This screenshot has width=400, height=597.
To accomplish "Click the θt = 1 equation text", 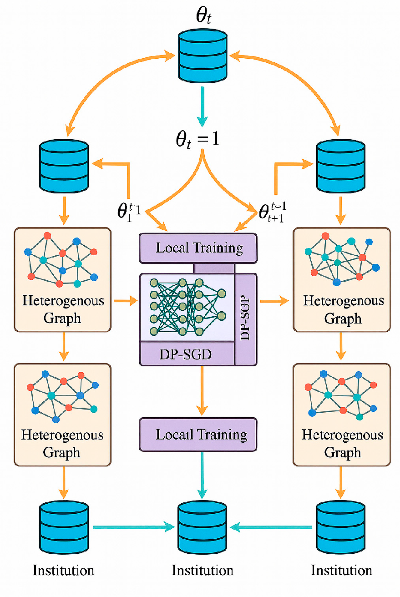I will tap(197, 139).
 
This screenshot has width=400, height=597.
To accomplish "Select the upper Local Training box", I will tap(198, 248).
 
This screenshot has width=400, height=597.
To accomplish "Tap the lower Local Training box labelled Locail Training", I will tap(198, 435).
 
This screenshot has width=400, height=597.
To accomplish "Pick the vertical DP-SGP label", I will tap(246, 319).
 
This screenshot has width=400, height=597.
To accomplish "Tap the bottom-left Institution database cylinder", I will tap(63, 526).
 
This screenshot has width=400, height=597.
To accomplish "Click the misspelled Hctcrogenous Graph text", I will tap(342, 443).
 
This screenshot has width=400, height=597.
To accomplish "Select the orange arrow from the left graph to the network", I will tap(125, 300).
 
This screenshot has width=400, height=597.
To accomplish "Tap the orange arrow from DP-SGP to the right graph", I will tap(274, 300).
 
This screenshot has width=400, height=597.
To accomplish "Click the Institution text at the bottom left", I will tap(63, 570).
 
